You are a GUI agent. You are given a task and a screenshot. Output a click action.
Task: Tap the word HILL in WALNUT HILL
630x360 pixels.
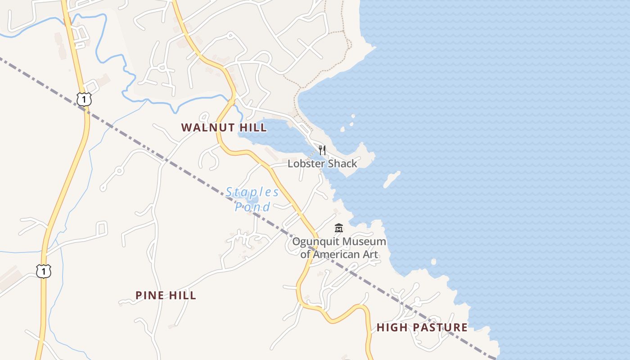pos(253,127)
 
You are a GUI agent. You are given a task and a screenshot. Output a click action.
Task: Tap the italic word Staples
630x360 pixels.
pos(252,192)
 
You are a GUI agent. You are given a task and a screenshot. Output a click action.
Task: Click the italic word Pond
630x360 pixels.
pos(252,207)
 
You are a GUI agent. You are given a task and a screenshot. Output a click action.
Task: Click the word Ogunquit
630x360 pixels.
pos(315,242)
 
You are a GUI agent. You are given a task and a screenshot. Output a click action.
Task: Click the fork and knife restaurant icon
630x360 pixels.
pos(322,150)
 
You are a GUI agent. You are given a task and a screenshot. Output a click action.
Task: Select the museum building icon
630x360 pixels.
pos(339,228)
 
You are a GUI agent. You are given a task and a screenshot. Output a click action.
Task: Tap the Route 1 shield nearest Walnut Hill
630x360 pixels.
pos(84,99)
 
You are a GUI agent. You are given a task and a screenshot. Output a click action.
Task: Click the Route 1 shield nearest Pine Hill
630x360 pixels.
pos(44,271)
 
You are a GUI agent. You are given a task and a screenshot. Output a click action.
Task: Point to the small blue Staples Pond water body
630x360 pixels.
pos(252,200)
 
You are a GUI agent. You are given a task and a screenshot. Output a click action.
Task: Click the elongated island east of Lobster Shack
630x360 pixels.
pos(391,179)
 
